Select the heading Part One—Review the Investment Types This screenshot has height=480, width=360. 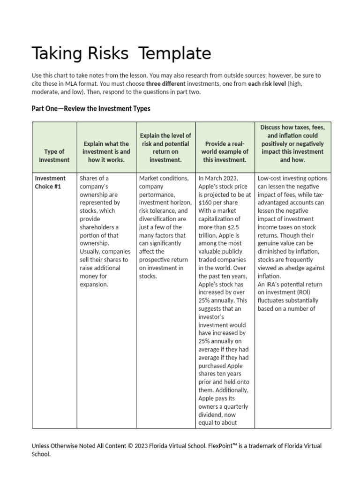pos(91,108)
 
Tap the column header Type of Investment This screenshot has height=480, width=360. pos(54,156)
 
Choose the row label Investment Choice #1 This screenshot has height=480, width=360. pos(50,182)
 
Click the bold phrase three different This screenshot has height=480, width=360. pos(165,83)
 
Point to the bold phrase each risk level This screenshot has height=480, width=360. pos(267,83)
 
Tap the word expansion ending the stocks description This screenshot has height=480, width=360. pos(94,284)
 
